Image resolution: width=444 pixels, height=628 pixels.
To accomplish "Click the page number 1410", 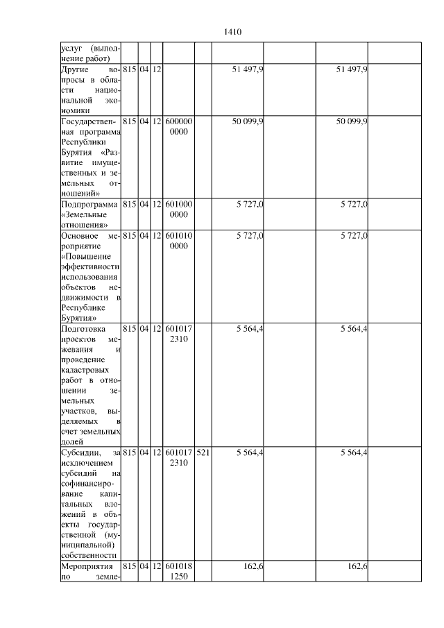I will tap(232, 31).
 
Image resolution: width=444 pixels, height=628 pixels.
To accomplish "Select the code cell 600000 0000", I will tap(179, 126).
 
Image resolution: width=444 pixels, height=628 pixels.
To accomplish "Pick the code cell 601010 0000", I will tap(179, 241).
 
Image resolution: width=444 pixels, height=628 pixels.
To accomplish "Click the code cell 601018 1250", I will tap(179, 571).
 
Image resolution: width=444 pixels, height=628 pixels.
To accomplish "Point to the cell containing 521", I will tap(203, 453).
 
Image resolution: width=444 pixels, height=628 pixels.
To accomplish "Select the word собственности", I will tap(88, 555).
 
